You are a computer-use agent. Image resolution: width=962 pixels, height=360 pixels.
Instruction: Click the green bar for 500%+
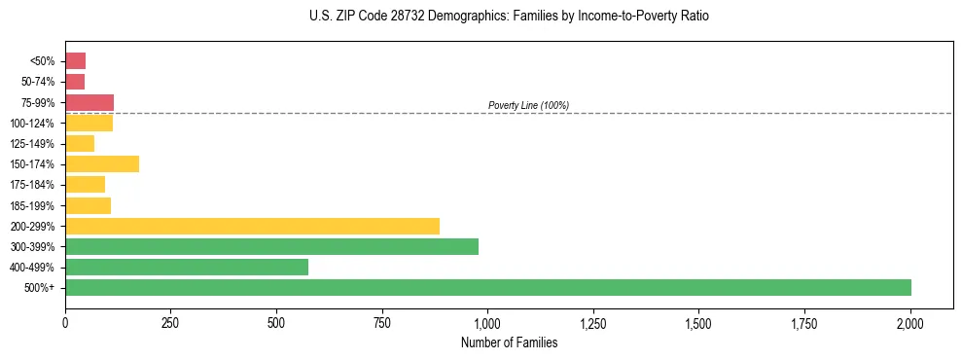tap(488, 287)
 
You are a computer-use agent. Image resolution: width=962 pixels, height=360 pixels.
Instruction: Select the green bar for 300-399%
tap(271, 246)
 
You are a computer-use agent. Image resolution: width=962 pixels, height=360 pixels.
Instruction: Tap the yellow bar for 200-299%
tap(252, 226)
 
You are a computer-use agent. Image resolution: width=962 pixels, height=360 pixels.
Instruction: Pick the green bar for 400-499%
tap(187, 267)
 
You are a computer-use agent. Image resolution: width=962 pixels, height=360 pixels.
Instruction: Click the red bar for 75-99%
tap(89, 102)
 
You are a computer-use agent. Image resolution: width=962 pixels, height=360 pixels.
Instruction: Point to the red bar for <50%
tap(76, 61)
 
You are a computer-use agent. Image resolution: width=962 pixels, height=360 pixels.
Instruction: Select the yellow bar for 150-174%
tap(102, 163)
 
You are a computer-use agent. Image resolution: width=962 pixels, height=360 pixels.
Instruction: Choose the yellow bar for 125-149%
tap(80, 143)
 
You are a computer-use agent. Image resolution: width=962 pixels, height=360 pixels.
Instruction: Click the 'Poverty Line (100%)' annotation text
tap(528, 105)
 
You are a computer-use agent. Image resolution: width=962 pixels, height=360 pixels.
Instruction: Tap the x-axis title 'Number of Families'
tap(509, 342)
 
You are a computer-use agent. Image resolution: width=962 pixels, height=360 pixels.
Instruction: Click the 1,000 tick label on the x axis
tap(487, 322)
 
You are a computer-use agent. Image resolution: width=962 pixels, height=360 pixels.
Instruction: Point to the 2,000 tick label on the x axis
tap(909, 322)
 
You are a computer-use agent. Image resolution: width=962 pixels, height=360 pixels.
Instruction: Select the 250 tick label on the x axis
tap(170, 322)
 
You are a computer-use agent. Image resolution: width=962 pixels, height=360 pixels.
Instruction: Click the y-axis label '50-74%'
tap(40, 82)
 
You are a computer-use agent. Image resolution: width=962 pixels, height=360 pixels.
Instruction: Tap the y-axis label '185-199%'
tap(36, 205)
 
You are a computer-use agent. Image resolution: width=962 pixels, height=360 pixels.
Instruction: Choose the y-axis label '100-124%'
tap(36, 123)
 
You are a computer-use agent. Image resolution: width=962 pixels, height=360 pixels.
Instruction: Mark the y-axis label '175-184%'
tap(36, 185)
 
